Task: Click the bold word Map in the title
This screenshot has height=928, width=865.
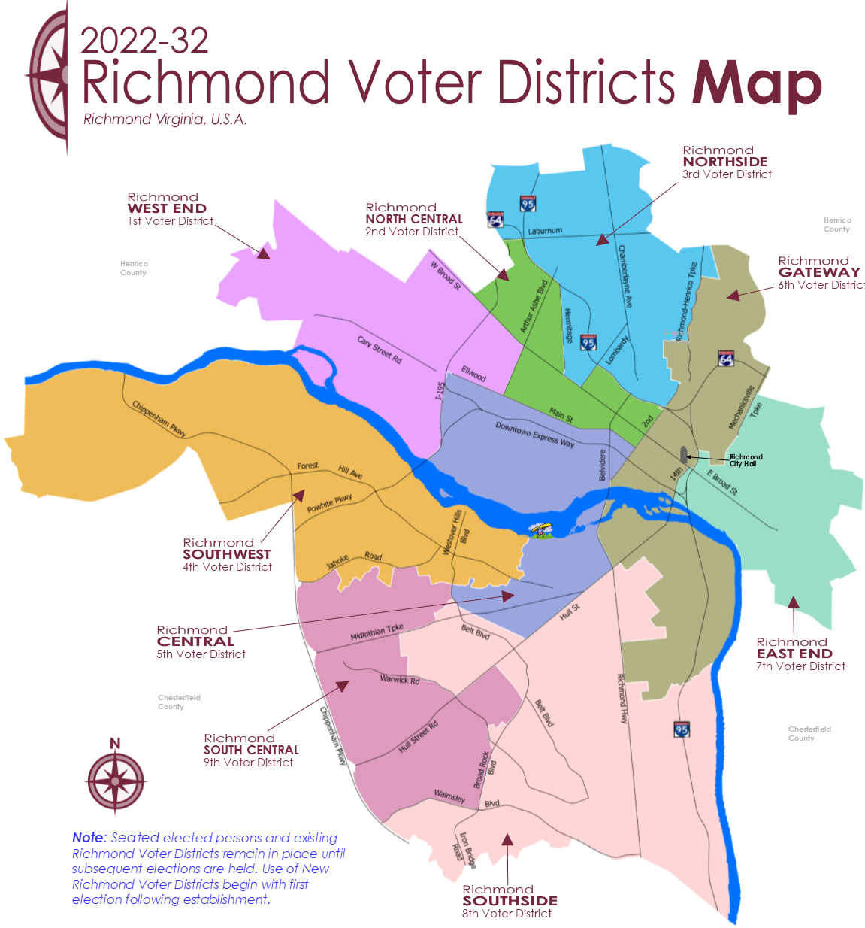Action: tap(756, 84)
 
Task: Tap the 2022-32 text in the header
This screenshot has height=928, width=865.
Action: tap(144, 41)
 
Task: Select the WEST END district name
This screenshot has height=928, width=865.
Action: tap(167, 208)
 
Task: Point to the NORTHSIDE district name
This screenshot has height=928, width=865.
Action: tap(725, 162)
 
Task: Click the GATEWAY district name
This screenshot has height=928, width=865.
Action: tap(819, 272)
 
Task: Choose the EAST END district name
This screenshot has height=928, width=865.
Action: tap(794, 654)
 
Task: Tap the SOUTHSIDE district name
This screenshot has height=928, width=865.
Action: tap(510, 901)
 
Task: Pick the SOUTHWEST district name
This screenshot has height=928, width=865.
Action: tap(226, 554)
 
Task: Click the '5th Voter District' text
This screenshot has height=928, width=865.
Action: tap(201, 654)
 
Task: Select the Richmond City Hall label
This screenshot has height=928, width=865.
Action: tap(746, 460)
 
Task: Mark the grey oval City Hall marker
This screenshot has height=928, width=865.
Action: tap(683, 454)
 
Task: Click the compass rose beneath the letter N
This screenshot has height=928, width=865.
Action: tap(115, 781)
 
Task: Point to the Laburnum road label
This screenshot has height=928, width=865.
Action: tap(545, 231)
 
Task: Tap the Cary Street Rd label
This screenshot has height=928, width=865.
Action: tap(380, 350)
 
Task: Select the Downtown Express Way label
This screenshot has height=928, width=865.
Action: tap(535, 435)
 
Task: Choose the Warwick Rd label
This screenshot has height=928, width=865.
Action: tap(400, 679)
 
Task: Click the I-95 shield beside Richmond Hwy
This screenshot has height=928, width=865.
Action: tap(682, 729)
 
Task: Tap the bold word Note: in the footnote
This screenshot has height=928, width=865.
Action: tap(89, 838)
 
